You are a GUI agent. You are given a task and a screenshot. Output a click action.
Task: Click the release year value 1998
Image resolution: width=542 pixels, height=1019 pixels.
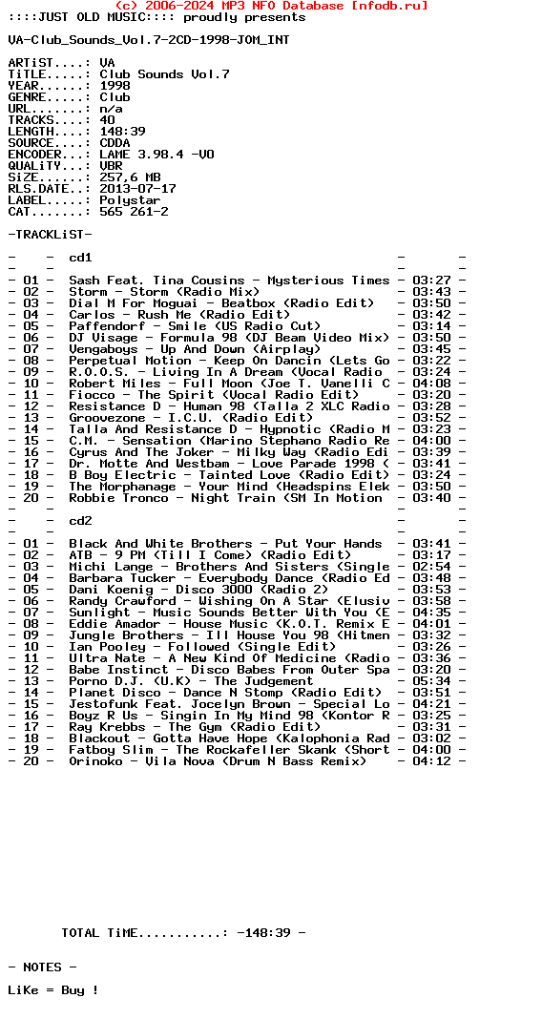click(115, 86)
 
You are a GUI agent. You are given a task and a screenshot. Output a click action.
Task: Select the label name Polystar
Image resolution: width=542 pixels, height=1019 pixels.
click(130, 200)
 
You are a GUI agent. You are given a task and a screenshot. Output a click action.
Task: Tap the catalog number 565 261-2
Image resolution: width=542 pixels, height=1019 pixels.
click(134, 212)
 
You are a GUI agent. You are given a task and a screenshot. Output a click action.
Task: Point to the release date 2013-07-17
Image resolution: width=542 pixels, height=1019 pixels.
click(137, 189)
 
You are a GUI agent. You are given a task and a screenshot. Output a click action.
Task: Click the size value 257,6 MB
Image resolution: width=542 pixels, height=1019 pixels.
click(130, 177)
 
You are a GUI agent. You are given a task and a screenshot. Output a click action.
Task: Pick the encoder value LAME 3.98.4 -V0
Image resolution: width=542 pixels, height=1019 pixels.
click(156, 155)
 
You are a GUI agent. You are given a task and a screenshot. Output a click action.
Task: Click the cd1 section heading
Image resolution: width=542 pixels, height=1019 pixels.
click(80, 258)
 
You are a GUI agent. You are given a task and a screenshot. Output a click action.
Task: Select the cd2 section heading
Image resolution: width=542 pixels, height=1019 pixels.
click(80, 521)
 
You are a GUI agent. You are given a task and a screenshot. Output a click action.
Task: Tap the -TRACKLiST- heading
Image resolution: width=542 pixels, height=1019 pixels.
click(50, 235)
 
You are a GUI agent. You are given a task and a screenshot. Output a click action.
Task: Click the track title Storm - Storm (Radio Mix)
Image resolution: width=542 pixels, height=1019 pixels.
click(164, 292)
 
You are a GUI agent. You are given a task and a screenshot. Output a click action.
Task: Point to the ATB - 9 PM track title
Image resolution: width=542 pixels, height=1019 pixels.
click(210, 555)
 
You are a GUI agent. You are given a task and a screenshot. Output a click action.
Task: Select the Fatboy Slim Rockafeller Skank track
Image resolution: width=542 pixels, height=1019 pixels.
click(229, 750)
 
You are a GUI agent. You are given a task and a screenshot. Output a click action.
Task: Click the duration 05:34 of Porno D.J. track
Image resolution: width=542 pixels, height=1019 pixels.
click(431, 681)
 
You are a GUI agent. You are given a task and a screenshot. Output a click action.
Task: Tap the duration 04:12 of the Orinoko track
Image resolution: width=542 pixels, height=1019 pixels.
click(431, 761)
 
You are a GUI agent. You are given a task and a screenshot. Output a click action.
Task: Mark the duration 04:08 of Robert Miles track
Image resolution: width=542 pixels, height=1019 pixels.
click(431, 384)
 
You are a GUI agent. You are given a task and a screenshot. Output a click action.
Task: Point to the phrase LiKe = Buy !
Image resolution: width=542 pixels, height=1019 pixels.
click(53, 990)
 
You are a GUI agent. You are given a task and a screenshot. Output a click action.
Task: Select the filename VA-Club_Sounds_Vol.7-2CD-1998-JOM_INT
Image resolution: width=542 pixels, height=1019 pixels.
click(149, 40)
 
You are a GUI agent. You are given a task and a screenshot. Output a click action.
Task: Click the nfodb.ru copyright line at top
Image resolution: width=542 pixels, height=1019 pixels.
click(271, 6)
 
